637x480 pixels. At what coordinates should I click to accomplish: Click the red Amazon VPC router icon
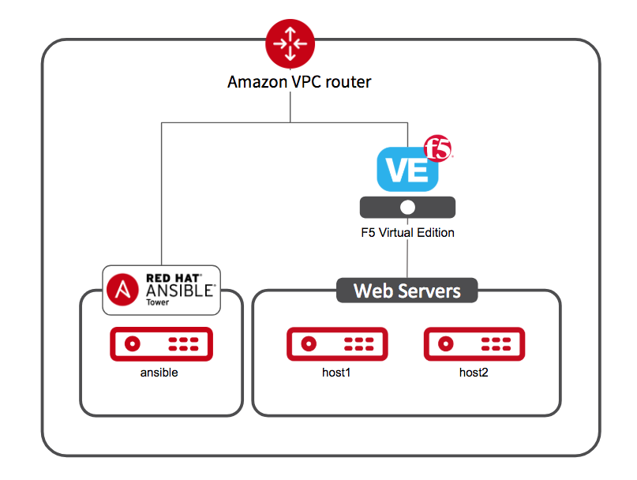click(x=290, y=43)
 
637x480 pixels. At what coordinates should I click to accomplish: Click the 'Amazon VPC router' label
click(x=299, y=81)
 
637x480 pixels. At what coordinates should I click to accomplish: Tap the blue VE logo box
click(x=407, y=171)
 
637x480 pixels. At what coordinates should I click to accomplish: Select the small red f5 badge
click(x=439, y=148)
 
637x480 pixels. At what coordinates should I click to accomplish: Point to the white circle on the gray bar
click(x=407, y=208)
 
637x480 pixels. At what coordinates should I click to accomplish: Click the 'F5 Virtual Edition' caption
click(x=407, y=233)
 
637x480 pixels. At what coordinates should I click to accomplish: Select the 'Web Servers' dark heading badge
click(x=407, y=291)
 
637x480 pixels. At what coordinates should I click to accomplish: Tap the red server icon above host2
click(x=474, y=343)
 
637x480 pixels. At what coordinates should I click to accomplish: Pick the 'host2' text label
click(x=474, y=372)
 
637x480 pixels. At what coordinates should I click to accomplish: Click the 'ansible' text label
click(x=159, y=372)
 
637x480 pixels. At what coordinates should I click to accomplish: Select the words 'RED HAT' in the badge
click(x=174, y=277)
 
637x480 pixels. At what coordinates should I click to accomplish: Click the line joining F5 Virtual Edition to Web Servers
click(x=407, y=257)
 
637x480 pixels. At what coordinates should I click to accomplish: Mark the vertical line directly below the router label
click(x=290, y=108)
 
